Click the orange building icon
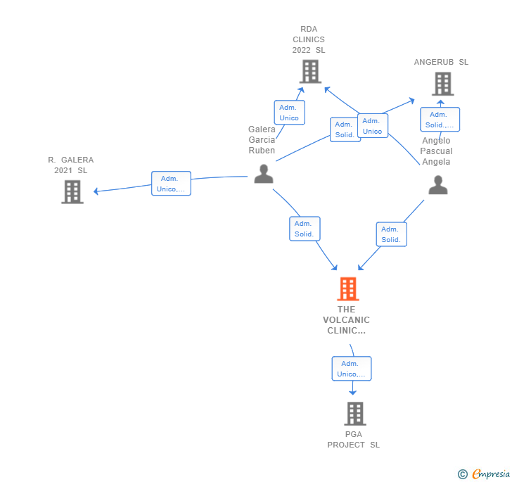point(348,289)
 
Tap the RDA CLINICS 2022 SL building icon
point(311,72)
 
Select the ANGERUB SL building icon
point(443,84)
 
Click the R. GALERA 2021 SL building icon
point(72,192)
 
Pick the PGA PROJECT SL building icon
point(355,414)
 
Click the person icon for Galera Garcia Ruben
point(264,174)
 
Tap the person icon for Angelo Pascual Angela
point(438,185)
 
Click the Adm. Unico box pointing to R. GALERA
point(171,184)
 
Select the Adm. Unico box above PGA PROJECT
point(352,369)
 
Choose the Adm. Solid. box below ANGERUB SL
point(440,120)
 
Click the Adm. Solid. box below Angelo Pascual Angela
point(392,234)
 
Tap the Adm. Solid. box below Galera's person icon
point(305,229)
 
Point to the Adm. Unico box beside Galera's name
point(290,113)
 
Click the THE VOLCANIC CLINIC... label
point(347,320)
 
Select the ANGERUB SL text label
point(441,62)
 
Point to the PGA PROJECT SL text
point(354,440)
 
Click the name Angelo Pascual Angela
point(436,151)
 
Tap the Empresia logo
point(485,474)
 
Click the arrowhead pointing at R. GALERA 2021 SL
point(96,191)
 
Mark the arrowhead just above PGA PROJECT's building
point(352,393)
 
